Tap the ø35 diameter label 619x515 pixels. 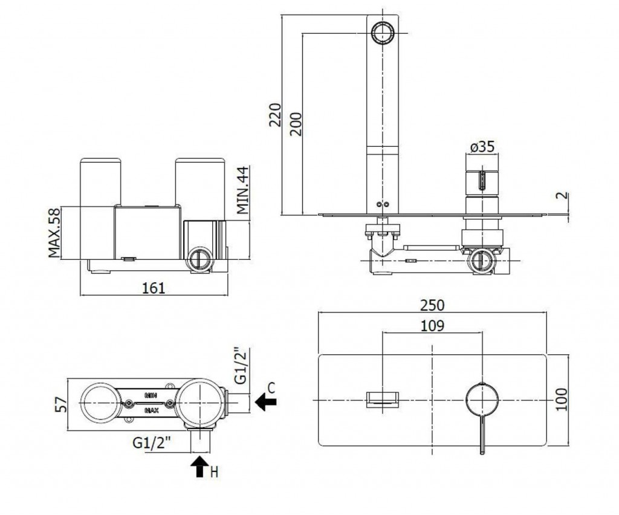[x=482, y=147]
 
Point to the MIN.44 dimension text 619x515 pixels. [x=243, y=190]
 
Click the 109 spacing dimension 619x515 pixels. [x=432, y=325]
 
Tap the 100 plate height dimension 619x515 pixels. [x=562, y=400]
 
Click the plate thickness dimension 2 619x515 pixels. [x=562, y=196]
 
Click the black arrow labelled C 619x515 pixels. [x=264, y=401]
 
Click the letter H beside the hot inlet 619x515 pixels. [x=213, y=471]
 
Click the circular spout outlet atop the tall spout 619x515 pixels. [x=383, y=31]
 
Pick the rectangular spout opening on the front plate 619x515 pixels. [x=383, y=399]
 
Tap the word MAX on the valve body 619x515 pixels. [x=151, y=410]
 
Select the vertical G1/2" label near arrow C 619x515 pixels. [x=241, y=366]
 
